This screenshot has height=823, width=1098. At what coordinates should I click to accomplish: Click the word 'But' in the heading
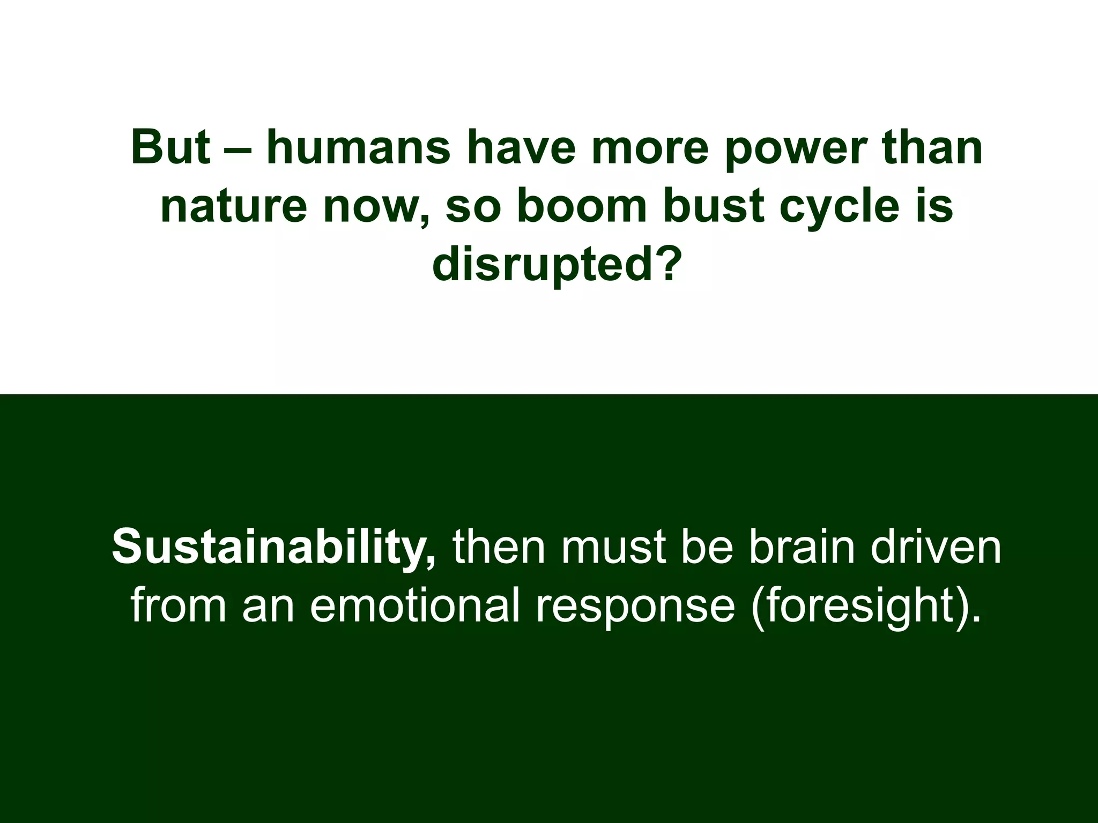coord(170,147)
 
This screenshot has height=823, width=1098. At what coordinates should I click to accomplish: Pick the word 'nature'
coord(234,208)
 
